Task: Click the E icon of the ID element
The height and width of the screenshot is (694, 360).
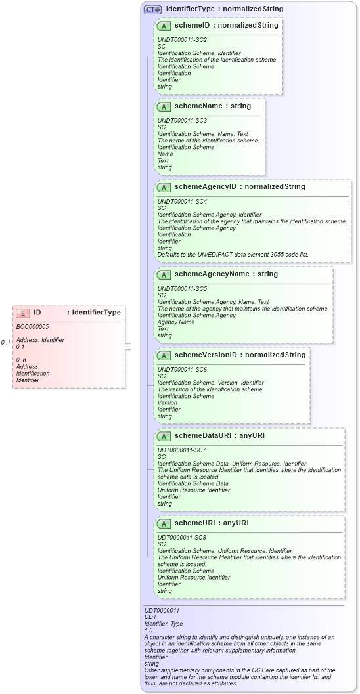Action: pos(23,313)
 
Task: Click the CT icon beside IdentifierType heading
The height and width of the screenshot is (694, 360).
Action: pos(152,9)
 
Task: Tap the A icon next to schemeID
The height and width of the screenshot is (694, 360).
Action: pos(164,26)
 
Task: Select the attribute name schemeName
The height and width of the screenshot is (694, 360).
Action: pos(197,106)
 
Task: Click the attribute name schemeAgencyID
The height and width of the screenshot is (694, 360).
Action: pos(205,186)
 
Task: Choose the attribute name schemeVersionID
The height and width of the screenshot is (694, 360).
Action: pos(206,355)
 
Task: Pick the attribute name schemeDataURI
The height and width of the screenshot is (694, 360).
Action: pos(202,435)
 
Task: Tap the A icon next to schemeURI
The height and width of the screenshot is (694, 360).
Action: pos(164,523)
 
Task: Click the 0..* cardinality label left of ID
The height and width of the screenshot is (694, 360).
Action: pos(5,342)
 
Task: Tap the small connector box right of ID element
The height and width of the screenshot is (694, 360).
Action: pos(129,346)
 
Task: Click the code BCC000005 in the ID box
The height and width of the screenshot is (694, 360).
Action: pos(32,326)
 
